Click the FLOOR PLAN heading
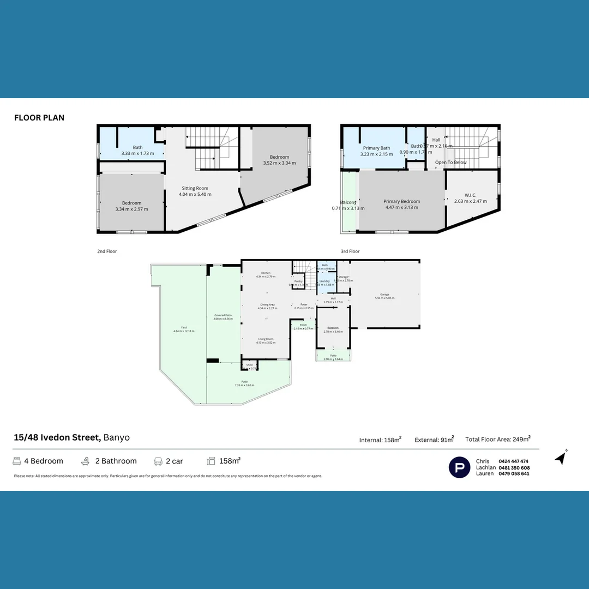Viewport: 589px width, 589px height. [39, 117]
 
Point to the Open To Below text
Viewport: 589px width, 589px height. [450, 163]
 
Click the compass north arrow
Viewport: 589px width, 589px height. [561, 458]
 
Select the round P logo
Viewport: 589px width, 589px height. [459, 467]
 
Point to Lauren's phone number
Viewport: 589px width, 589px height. [514, 474]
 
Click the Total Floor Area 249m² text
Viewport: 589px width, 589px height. [497, 439]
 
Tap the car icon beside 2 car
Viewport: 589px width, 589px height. [158, 461]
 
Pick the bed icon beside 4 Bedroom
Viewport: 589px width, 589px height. [17, 461]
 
